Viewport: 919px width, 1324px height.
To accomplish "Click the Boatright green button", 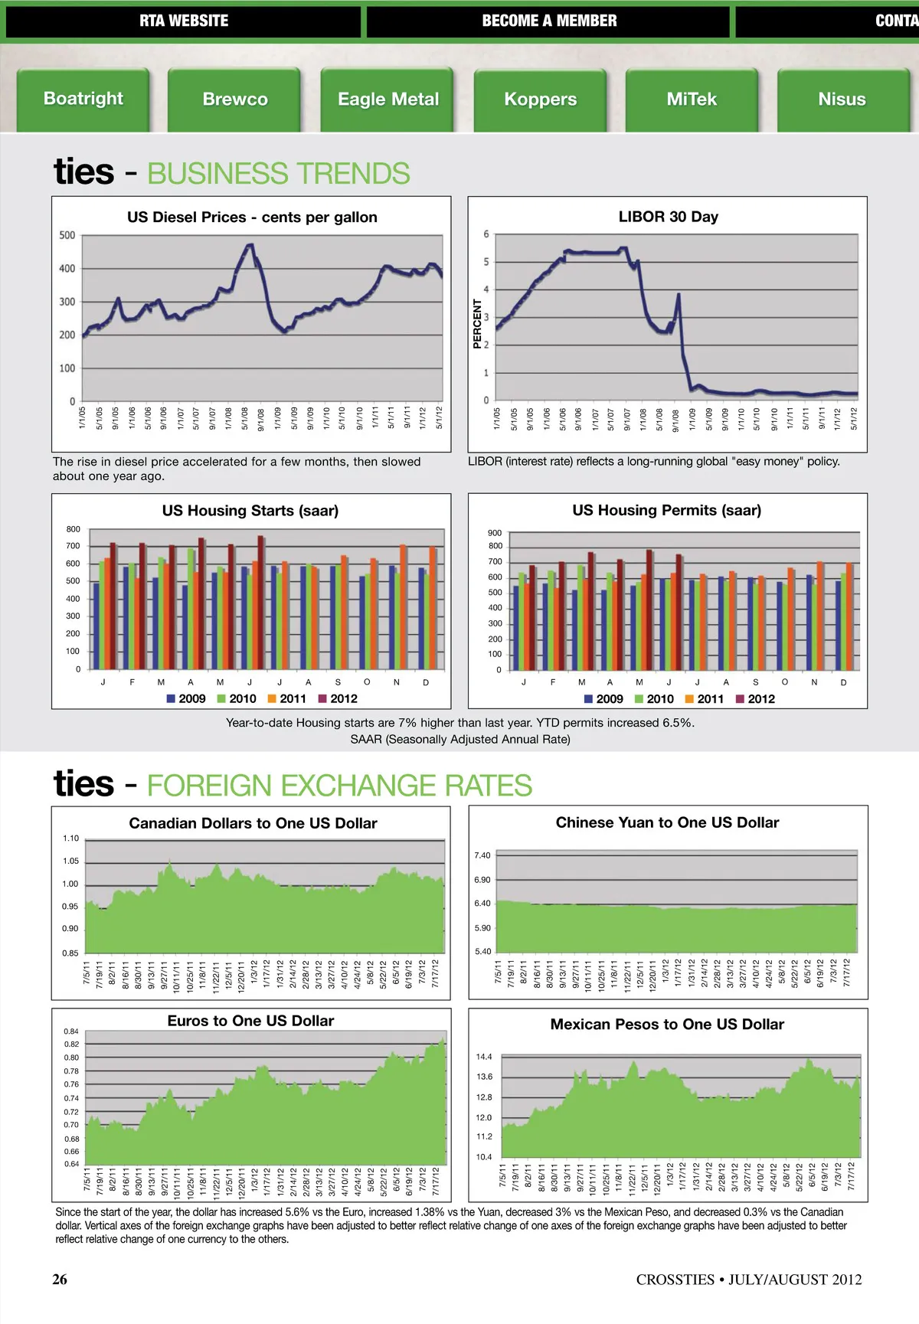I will pyautogui.click(x=83, y=99).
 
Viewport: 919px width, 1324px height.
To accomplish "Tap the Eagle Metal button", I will pyautogui.click(x=388, y=100).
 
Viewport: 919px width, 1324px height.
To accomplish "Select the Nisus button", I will pyautogui.click(x=842, y=100).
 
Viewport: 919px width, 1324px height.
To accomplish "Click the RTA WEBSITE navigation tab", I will pyautogui.click(x=184, y=21).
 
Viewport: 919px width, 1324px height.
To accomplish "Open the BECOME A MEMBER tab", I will pyautogui.click(x=549, y=21).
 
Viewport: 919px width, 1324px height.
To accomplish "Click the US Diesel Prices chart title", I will pyautogui.click(x=252, y=217).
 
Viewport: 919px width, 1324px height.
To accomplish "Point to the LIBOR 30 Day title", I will pyautogui.click(x=668, y=217).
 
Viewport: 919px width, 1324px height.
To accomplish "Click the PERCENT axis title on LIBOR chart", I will pyautogui.click(x=477, y=323).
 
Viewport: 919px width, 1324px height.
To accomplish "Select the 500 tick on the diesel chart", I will pyautogui.click(x=67, y=235).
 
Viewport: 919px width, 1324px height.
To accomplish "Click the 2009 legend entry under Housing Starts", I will pyautogui.click(x=186, y=698).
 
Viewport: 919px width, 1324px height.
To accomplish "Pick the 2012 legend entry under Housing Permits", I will pyautogui.click(x=755, y=698).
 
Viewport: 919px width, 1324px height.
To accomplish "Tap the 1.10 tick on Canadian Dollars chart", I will pyautogui.click(x=70, y=839).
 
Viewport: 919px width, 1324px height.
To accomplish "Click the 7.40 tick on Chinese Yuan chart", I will pyautogui.click(x=482, y=855).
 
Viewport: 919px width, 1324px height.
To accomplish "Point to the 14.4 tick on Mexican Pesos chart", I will pyautogui.click(x=484, y=1057).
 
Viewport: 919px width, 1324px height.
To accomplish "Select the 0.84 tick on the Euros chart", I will pyautogui.click(x=71, y=1031).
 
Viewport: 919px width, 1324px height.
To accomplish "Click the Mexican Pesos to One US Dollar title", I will pyautogui.click(x=667, y=1025).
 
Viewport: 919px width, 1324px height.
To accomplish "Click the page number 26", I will pyautogui.click(x=60, y=1279).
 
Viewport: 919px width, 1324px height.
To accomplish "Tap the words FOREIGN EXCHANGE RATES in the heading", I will pyautogui.click(x=339, y=786).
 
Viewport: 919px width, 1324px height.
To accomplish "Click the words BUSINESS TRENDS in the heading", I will pyautogui.click(x=278, y=174).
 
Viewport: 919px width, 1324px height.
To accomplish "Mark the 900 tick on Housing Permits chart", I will pyautogui.click(x=495, y=533).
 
